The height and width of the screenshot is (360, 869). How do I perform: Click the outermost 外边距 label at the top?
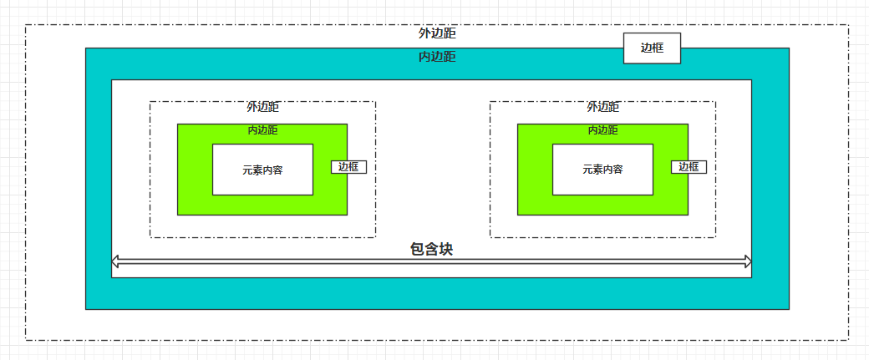pyautogui.click(x=437, y=34)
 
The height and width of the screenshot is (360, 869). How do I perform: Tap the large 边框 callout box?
pyautogui.click(x=652, y=48)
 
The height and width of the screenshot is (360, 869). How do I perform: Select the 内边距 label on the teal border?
pyautogui.click(x=437, y=57)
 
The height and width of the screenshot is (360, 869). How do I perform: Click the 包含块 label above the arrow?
pyautogui.click(x=432, y=249)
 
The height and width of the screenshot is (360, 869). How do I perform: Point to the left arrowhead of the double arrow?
pyautogui.click(x=115, y=262)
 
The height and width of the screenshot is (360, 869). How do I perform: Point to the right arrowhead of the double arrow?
pyautogui.click(x=748, y=262)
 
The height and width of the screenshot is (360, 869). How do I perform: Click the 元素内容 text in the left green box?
pyautogui.click(x=262, y=170)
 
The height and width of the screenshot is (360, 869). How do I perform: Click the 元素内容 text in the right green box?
pyautogui.click(x=602, y=170)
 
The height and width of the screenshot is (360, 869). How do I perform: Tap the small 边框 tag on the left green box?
pyautogui.click(x=348, y=167)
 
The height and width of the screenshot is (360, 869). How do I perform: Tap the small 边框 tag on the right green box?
pyautogui.click(x=689, y=167)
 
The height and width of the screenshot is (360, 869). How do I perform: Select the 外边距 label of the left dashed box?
pyautogui.click(x=262, y=107)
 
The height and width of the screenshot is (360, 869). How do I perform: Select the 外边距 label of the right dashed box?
pyautogui.click(x=603, y=107)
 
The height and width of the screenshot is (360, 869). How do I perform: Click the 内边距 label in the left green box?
pyautogui.click(x=262, y=130)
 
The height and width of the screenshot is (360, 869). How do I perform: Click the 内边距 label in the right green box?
pyautogui.click(x=602, y=130)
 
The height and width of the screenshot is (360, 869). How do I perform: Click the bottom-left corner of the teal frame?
pyautogui.click(x=87, y=308)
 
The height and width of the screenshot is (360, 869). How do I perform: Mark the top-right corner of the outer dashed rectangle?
pyautogui.click(x=849, y=25)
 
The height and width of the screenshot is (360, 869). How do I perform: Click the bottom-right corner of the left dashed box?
pyautogui.click(x=375, y=237)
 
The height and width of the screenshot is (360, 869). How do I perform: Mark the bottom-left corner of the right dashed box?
pyautogui.click(x=490, y=237)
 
